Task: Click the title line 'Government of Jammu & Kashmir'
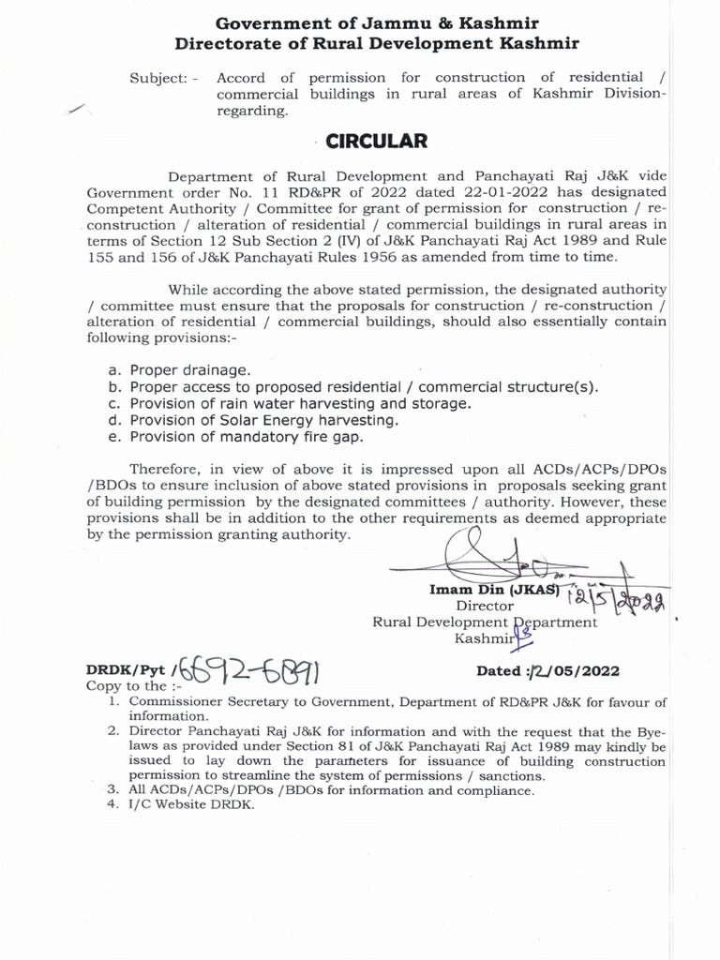[x=377, y=22]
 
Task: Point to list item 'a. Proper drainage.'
[x=179, y=370]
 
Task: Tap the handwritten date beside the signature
[x=623, y=597]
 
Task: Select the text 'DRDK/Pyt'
[x=126, y=671]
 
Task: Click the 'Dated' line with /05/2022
[x=547, y=671]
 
